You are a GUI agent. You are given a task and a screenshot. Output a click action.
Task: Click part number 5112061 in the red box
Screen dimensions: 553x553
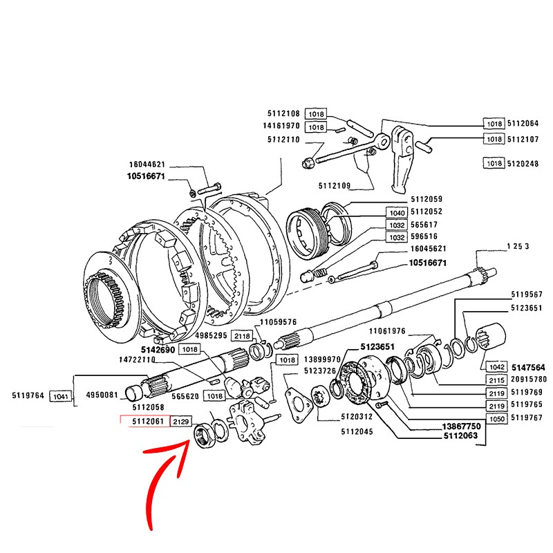(148, 421)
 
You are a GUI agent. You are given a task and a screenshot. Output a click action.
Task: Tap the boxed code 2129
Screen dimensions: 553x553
(181, 422)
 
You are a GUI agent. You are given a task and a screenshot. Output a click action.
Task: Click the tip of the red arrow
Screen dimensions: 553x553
(189, 441)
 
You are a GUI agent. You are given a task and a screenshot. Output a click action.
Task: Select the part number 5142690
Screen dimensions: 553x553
(158, 350)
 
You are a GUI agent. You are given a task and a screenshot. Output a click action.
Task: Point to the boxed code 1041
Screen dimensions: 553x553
(60, 396)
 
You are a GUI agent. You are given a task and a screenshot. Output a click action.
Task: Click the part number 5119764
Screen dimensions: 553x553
(28, 395)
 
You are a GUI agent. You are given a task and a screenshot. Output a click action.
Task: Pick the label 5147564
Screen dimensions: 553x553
(528, 368)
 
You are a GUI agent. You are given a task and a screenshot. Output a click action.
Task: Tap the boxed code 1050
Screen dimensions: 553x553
(496, 419)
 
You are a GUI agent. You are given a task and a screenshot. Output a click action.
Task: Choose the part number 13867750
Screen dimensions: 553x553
(461, 427)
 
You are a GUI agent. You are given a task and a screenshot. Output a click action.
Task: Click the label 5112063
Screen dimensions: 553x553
(460, 435)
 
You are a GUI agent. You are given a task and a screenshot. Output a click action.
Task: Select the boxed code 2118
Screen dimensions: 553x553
(243, 336)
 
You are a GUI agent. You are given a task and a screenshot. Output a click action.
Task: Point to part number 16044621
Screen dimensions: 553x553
(147, 165)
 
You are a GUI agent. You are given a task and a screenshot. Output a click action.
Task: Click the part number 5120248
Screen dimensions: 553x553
(523, 164)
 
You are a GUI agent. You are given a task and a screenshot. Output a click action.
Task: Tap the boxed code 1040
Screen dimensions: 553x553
(397, 213)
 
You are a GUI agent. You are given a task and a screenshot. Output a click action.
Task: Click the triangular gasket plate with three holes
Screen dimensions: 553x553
(299, 405)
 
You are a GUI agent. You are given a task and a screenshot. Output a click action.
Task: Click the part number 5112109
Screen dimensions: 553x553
(335, 185)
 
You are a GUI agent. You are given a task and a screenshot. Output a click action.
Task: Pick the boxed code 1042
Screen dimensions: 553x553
(496, 367)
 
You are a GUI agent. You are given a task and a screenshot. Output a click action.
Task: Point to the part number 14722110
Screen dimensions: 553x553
(137, 359)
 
